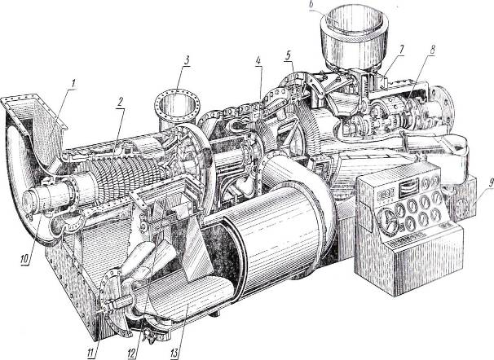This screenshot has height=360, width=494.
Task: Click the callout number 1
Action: point(73,84)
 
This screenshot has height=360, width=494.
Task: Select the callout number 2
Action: point(119,103)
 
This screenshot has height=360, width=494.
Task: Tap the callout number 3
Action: point(187,59)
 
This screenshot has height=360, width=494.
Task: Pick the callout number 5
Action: point(288,55)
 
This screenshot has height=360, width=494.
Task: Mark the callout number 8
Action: point(432,50)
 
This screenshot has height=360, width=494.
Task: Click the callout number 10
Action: point(24,259)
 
